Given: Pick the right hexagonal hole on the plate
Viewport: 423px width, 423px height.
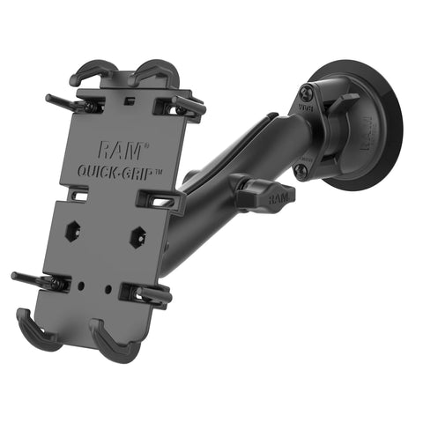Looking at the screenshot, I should click(x=137, y=236).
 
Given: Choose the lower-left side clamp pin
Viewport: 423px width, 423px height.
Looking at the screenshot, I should click(x=35, y=280).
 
